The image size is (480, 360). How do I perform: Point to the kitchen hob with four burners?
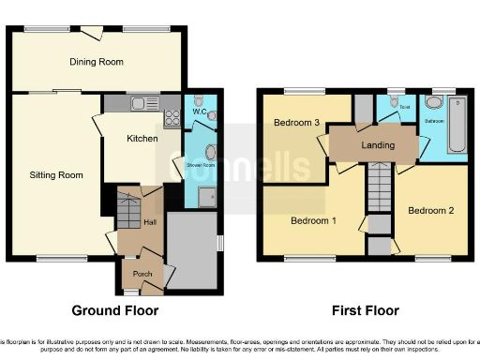pos(172,117)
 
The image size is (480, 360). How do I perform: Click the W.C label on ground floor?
pos(199,112)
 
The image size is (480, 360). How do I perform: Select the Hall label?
pos(149,222)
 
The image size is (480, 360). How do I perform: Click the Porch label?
pos(141,274)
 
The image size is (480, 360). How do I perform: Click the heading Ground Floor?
pos(115,310)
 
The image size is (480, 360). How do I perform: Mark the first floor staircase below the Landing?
pos(377,186)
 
